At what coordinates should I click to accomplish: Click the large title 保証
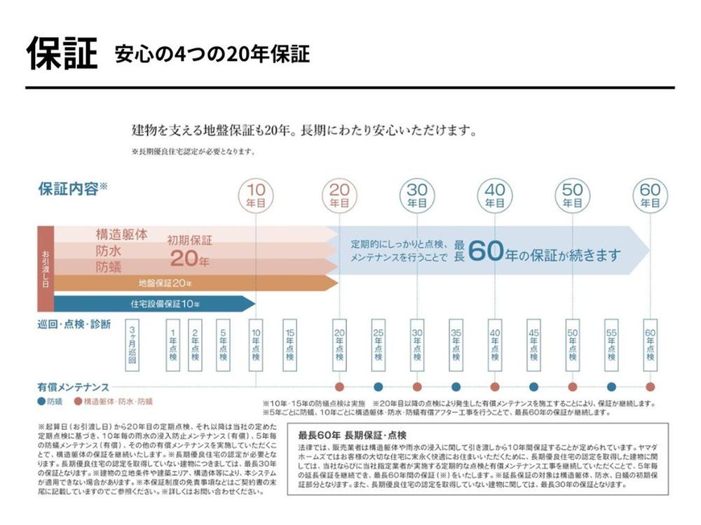coord(62,52)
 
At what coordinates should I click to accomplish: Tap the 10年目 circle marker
coord(256,195)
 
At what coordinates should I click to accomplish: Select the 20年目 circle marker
coord(339,195)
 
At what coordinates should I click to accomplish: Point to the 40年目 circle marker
coord(495,195)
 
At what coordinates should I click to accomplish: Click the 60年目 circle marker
coord(650,195)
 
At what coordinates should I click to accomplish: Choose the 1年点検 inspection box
coord(172,346)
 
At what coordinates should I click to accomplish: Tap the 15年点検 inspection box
coord(290,346)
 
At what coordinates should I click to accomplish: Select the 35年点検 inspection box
coord(456,346)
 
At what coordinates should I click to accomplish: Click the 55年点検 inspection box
coord(611,346)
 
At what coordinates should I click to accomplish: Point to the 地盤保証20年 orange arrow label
coord(165,283)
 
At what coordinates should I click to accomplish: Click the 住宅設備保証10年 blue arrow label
coord(165,304)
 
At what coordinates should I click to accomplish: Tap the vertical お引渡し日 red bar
coord(45,268)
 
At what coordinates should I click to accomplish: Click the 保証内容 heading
coord(69,188)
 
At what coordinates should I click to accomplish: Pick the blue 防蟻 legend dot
coord(41,402)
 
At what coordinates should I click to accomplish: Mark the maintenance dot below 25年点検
coord(379,386)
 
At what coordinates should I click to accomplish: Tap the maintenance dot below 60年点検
coord(650,386)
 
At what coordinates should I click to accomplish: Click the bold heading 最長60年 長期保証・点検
coord(351,434)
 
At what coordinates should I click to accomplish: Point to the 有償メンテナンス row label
coord(73,386)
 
